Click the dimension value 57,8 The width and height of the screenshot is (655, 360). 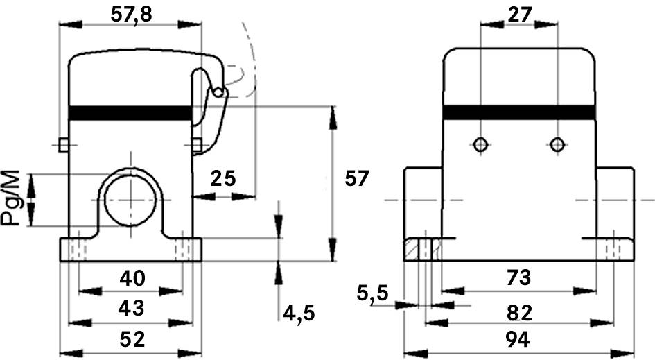[x=132, y=12]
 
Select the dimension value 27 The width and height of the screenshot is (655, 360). [x=518, y=12]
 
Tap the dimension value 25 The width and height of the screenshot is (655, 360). [x=222, y=179]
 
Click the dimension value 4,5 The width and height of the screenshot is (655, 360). [x=299, y=314]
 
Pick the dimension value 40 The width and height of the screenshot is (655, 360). [x=132, y=278]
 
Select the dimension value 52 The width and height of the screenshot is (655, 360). [x=132, y=339]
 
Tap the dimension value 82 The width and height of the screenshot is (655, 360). [x=518, y=313]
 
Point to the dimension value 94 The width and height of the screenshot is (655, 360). [x=518, y=339]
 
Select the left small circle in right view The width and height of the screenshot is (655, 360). [x=480, y=144]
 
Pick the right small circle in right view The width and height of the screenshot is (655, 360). [x=557, y=144]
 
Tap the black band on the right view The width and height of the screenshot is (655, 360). [x=518, y=112]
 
